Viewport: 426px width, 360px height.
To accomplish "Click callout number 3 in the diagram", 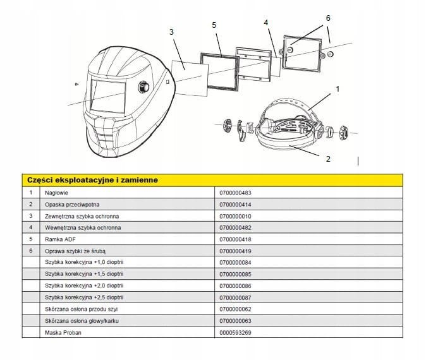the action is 171,32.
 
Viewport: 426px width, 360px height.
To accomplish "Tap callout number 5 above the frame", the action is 214,25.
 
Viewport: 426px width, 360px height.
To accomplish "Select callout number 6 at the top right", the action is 328,18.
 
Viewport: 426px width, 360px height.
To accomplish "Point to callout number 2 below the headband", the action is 328,159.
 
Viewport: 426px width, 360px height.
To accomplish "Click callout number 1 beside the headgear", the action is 338,89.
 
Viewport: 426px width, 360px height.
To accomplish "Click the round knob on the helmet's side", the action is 143,87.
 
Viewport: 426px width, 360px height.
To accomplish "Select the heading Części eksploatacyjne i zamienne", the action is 92,180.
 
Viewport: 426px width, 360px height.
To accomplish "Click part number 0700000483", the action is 235,193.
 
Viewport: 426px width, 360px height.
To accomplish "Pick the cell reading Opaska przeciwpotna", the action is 72,205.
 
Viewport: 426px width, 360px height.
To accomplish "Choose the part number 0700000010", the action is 235,217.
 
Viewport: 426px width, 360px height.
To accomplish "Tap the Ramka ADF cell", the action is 60,239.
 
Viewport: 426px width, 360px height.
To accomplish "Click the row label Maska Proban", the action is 63,333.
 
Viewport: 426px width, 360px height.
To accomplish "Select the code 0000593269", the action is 235,333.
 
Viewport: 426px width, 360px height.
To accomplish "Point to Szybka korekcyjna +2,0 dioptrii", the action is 84,285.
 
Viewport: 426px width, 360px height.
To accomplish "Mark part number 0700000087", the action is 235,298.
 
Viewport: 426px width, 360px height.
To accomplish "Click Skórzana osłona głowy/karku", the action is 82,321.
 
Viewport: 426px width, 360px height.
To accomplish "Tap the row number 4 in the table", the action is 31,227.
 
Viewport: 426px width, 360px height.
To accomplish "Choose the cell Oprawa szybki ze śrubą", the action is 75,251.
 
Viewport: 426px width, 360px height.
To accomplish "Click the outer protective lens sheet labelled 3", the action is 190,78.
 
